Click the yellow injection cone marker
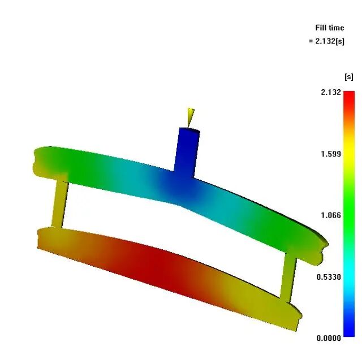tap(191, 117)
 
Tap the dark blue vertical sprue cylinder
tap(187, 152)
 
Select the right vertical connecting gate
tap(288, 277)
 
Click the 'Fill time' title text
tap(329, 28)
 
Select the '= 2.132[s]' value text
tap(326, 41)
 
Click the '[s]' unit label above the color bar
tap(348, 76)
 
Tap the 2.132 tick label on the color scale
tap(330, 92)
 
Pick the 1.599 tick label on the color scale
tap(330, 154)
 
